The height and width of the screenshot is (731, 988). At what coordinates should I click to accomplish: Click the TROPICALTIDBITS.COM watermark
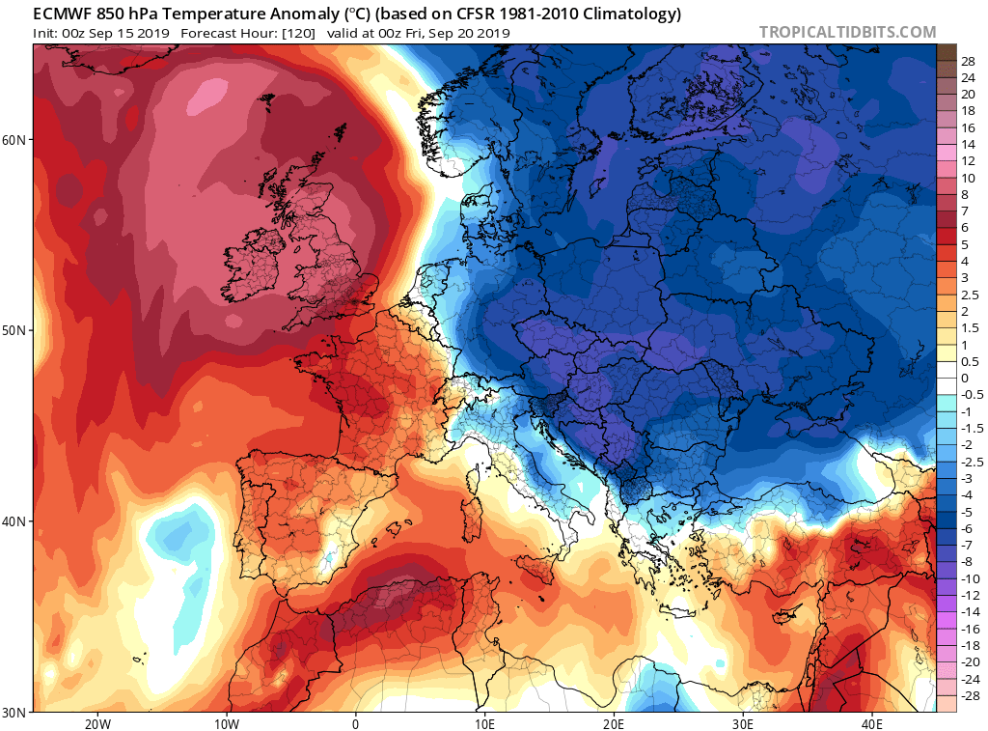click(x=847, y=32)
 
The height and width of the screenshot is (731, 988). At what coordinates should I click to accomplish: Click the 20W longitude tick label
click(x=97, y=723)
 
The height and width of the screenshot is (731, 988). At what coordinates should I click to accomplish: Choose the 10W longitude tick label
click(x=227, y=723)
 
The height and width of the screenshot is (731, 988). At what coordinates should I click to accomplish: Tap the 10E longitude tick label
click(x=484, y=723)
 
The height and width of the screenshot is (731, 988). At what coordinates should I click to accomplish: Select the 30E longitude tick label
click(x=743, y=723)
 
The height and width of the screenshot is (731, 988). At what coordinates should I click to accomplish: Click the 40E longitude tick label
click(x=872, y=723)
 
